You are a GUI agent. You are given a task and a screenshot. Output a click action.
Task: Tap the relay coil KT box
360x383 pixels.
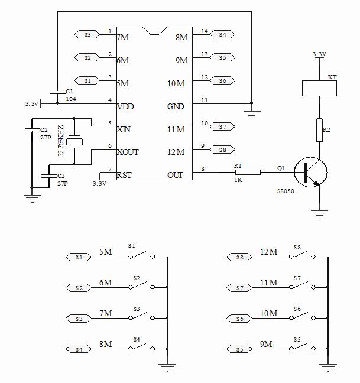[319, 87]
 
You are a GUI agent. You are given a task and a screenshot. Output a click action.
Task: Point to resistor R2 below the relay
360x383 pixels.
[319, 131]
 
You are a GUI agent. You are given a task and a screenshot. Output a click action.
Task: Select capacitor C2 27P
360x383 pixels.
[31, 129]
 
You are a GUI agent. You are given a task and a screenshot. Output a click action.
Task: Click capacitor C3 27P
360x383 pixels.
[49, 175]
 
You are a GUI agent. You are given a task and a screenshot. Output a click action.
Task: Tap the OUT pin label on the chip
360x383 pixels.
[176, 175]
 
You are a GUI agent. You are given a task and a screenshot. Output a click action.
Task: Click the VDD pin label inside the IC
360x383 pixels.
[126, 107]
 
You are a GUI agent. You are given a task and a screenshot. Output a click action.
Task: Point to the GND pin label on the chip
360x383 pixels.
[176, 107]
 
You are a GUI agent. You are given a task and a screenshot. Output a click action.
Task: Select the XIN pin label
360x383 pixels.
[125, 129]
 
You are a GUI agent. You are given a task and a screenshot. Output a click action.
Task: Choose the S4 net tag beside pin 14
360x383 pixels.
[222, 34]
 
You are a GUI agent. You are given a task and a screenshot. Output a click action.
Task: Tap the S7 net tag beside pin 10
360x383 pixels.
[222, 126]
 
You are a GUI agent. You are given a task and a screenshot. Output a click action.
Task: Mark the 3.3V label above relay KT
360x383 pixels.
[319, 54]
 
